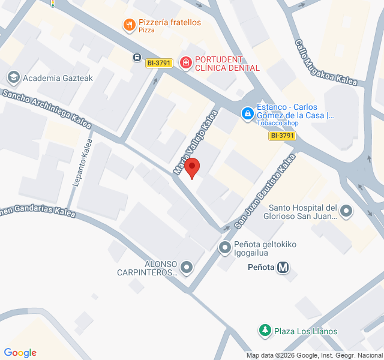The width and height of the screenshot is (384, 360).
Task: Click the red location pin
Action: [191, 167]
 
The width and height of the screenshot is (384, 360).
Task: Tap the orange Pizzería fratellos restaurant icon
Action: [128, 25]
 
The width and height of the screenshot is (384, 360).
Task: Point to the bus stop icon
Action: [137, 58]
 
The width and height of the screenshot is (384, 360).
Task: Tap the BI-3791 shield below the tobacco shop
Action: [282, 136]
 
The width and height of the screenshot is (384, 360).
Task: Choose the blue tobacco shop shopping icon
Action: [247, 112]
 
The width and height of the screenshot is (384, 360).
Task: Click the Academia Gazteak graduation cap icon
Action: [12, 77]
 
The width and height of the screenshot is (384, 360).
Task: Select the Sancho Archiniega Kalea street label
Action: [47, 109]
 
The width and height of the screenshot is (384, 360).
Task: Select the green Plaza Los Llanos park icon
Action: [265, 331]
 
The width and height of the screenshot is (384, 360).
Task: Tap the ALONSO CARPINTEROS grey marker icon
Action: [187, 268]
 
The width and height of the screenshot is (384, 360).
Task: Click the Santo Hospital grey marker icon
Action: [346, 211]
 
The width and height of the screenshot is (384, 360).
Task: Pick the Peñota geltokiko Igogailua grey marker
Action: [225, 247]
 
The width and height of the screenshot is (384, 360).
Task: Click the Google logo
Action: [20, 353]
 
